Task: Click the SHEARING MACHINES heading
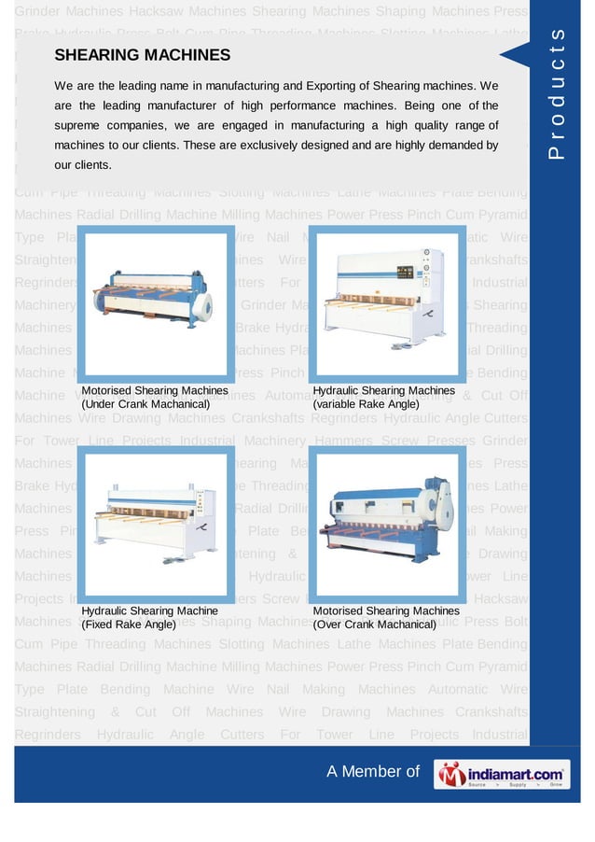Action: pos(142,56)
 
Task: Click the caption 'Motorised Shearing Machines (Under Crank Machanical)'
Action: pos(154,397)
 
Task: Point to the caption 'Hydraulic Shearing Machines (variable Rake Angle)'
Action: pos(384,397)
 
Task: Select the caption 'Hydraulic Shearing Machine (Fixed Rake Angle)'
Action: pos(149,617)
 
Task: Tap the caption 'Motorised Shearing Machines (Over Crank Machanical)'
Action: pos(384,617)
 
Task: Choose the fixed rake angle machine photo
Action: pos(153,523)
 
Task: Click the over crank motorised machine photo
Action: pos(384,523)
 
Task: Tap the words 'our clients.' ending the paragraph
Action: pos(83,165)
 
